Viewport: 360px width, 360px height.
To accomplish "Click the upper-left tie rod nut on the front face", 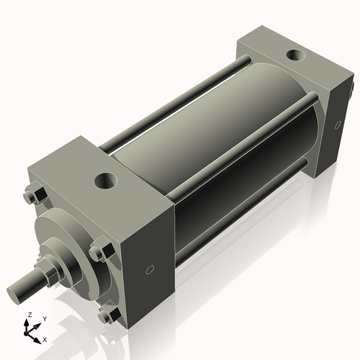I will (31, 195).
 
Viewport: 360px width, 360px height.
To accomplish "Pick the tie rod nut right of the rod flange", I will (97, 253).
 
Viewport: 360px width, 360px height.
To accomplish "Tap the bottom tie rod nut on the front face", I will (107, 315).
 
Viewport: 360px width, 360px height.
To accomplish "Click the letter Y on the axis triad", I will (44, 318).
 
